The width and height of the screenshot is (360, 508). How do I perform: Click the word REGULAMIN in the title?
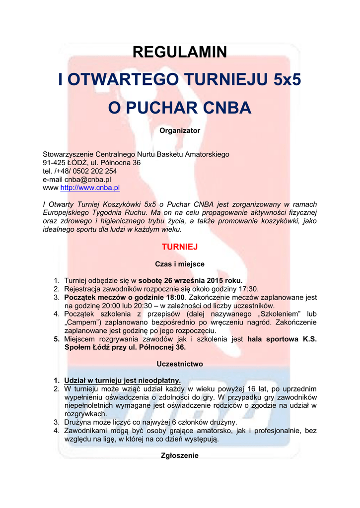click(x=180, y=52)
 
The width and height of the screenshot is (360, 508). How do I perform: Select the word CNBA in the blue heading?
click(x=227, y=108)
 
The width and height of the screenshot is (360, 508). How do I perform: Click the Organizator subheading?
click(x=180, y=130)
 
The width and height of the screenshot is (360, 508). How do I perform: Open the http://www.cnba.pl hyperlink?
click(x=90, y=188)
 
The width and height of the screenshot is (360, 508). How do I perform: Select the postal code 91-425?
click(x=54, y=163)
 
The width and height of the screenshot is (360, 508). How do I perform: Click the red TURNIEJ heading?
click(x=180, y=247)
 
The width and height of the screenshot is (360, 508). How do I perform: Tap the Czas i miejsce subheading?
click(x=180, y=264)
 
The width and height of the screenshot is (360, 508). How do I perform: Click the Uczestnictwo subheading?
click(x=180, y=364)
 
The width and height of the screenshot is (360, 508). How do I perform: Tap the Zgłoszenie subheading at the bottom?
click(x=180, y=455)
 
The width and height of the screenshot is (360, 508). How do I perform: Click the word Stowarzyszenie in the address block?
click(x=68, y=154)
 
